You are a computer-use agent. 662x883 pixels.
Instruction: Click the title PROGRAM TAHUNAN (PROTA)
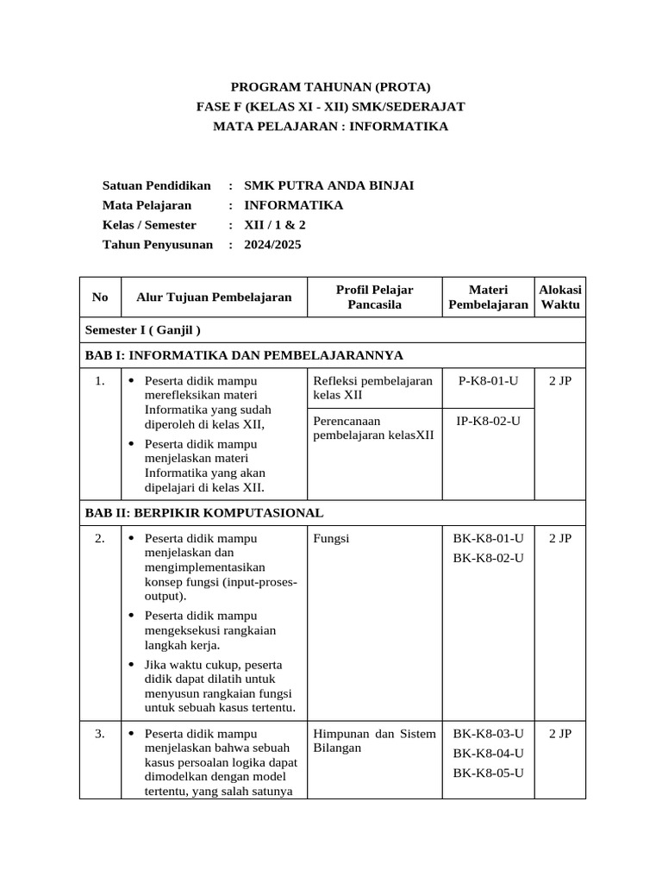click(331, 86)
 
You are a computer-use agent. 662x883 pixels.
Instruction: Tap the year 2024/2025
click(273, 245)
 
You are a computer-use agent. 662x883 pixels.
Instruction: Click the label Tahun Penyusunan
click(158, 245)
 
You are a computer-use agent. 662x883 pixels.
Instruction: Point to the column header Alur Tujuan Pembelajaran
click(214, 297)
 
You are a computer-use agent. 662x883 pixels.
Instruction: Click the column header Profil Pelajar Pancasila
click(375, 297)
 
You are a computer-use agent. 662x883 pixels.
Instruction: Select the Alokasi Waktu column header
click(560, 297)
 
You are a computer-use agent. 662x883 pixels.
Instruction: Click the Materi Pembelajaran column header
click(488, 297)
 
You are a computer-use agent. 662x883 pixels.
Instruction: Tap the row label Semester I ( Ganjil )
click(143, 329)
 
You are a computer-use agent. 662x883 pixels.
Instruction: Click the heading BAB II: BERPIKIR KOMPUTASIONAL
click(203, 512)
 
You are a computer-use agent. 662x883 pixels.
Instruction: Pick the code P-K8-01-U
click(488, 380)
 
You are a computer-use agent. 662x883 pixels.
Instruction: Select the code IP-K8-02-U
click(488, 420)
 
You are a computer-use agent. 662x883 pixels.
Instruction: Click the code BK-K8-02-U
click(488, 558)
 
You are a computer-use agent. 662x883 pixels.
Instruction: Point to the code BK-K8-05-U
click(488, 773)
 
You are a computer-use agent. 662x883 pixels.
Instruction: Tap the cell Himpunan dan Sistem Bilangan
click(375, 741)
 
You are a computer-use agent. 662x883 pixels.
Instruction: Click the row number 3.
click(100, 734)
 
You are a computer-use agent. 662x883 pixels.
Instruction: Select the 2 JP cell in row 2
click(560, 539)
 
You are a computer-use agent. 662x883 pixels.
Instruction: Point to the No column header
click(100, 297)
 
